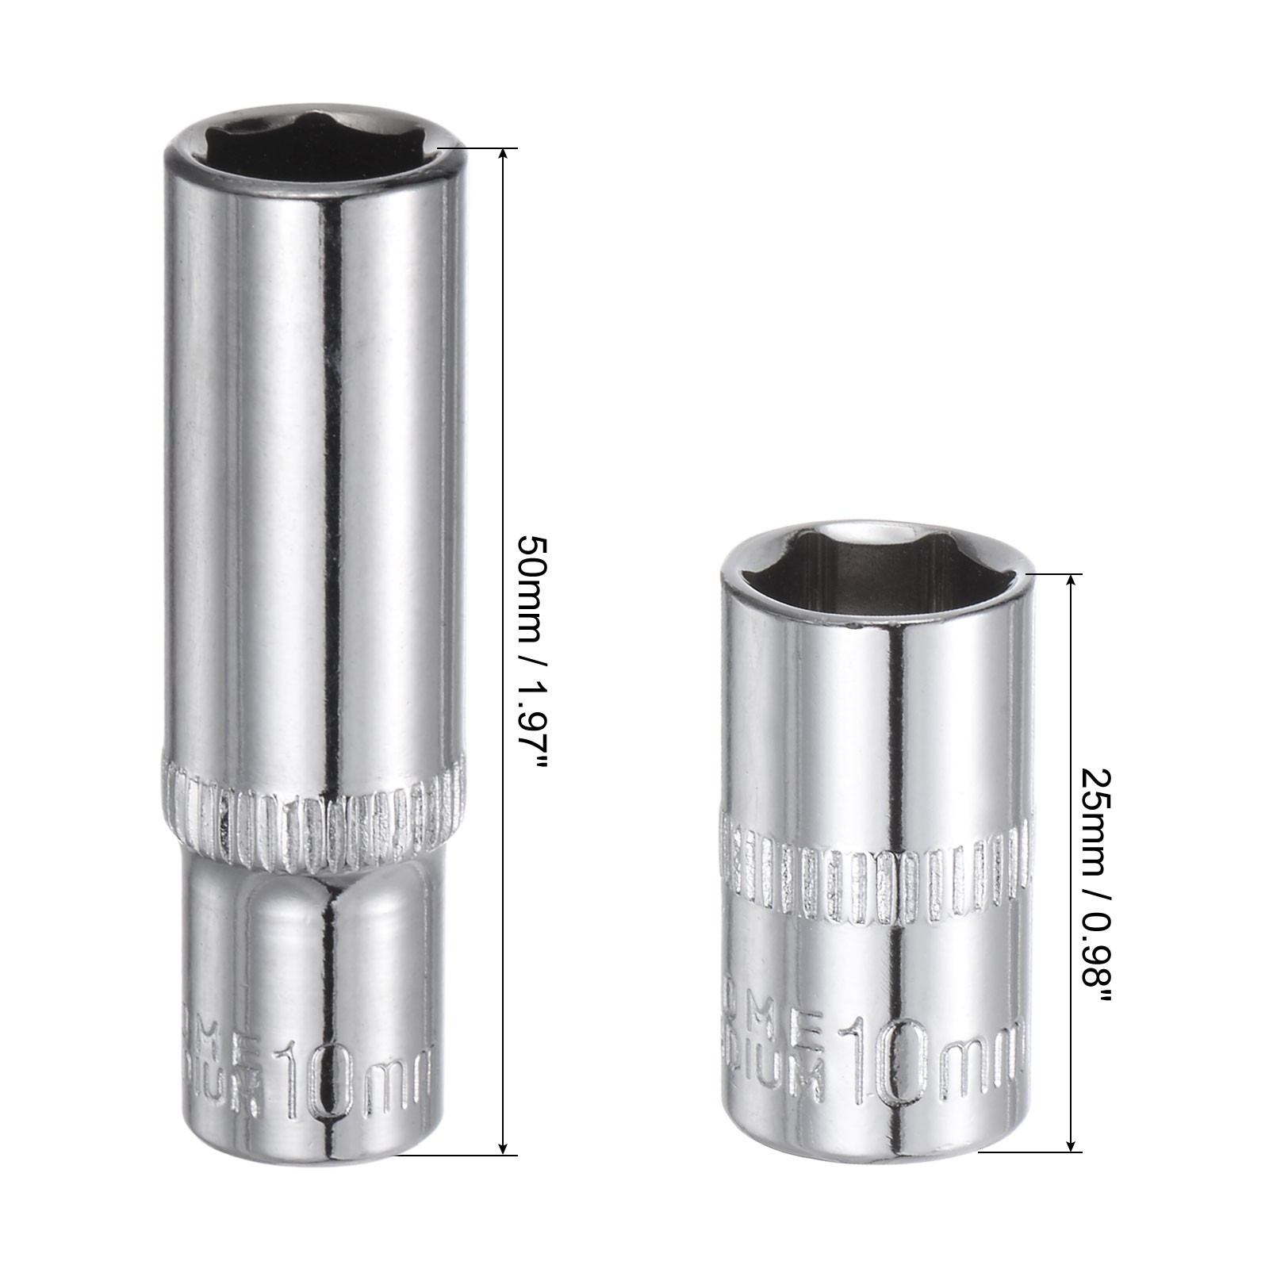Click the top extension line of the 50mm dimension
point(476,148)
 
